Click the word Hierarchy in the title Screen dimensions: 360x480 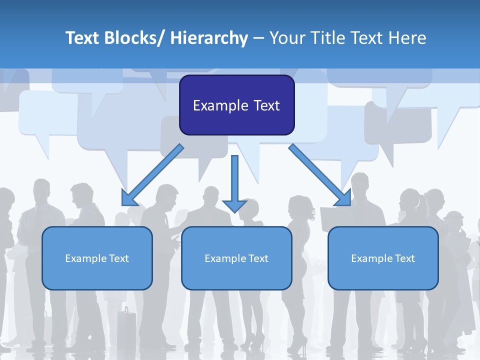(209, 38)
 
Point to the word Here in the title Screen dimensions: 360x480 (407, 38)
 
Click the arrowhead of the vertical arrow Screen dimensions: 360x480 (234, 205)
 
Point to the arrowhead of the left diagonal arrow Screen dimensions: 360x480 (129, 199)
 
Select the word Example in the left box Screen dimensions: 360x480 (83, 258)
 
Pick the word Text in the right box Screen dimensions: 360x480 (404, 258)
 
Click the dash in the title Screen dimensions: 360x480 (258, 38)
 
